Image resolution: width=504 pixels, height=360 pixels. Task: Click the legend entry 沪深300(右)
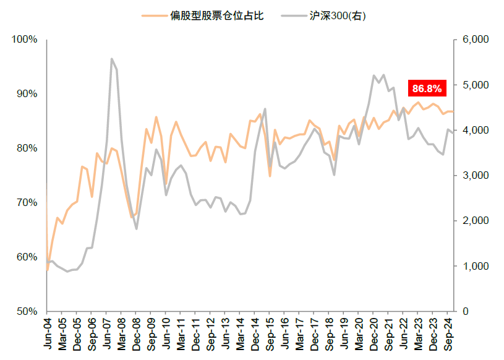click(338, 15)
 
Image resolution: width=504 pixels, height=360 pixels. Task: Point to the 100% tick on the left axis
click(25, 40)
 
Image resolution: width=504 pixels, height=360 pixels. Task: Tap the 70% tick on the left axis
click(27, 203)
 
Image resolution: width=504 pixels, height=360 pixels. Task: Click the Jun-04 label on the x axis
click(47, 334)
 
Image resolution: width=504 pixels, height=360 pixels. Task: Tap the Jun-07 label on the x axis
click(106, 334)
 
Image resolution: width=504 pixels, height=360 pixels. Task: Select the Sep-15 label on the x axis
click(270, 334)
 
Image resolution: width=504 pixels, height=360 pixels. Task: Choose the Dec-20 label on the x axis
click(374, 334)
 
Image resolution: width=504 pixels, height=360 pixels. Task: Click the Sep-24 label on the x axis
click(448, 334)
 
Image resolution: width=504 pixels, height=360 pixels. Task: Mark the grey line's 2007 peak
click(111, 59)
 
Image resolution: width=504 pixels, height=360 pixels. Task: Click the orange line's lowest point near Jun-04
click(48, 270)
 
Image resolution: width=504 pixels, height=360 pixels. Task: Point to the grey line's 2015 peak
click(265, 109)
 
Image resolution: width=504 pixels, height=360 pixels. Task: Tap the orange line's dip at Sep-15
click(270, 176)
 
